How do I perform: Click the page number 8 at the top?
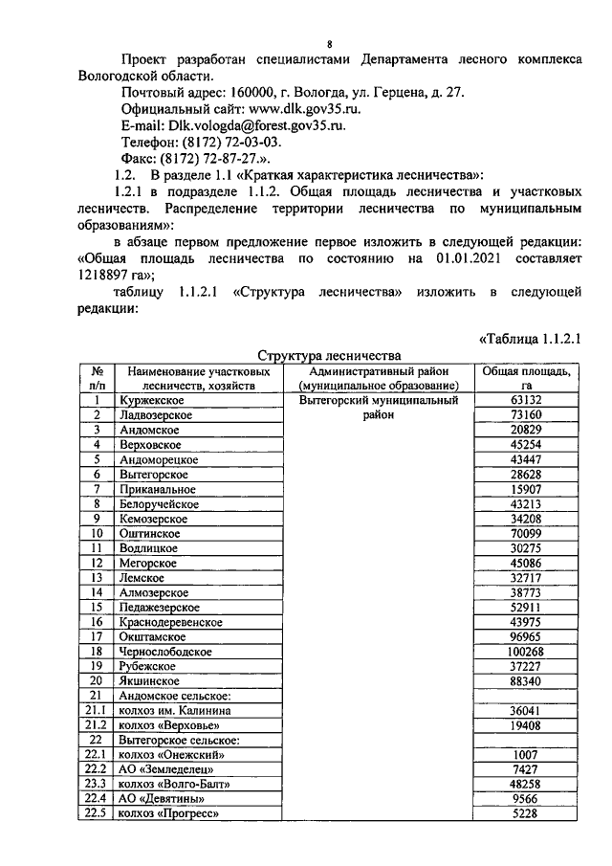pyautogui.click(x=328, y=44)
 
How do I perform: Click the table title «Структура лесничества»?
pyautogui.click(x=328, y=354)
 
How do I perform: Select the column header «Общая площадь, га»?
pyautogui.click(x=526, y=377)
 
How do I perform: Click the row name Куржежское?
pyautogui.click(x=151, y=401)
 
